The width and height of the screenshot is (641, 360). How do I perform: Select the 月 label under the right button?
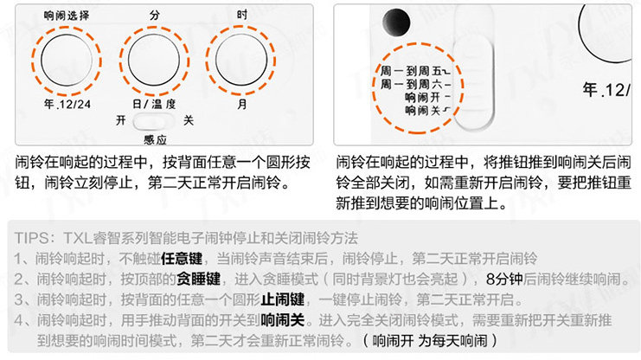[241, 105]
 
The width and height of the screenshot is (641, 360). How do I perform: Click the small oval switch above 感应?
[156, 122]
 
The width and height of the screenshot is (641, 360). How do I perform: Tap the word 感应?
[156, 138]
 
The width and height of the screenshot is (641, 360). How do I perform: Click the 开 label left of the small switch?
[120, 122]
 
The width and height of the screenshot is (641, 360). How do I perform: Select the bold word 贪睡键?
[197, 280]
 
